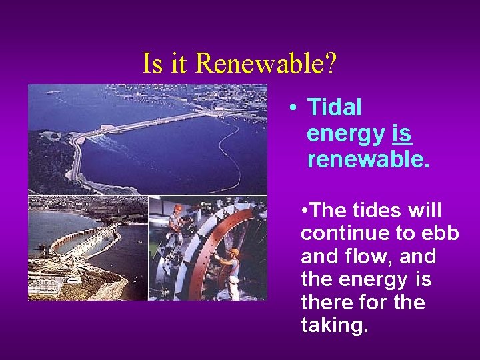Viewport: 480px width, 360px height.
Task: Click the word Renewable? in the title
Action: point(267,63)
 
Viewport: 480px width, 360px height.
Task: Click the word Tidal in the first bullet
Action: point(335,107)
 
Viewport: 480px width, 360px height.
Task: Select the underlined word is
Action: point(402,134)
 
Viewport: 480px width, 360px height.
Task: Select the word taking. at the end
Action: point(334,325)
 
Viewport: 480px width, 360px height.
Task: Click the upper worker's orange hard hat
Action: point(177,208)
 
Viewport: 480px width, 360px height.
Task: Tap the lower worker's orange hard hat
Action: point(234,252)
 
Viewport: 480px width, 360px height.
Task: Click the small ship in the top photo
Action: point(51,92)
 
